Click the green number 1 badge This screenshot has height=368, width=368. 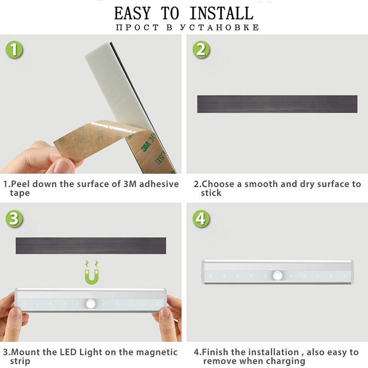tap(14, 50)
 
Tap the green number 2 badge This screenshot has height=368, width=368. tap(201, 50)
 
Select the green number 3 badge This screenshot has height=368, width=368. tap(14, 218)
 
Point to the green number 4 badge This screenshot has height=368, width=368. tap(201, 218)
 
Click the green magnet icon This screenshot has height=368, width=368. tap(92, 272)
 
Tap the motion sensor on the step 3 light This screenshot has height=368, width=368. tap(91, 304)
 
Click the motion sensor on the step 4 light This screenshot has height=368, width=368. tap(278, 275)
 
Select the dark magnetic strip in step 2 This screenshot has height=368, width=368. tap(277, 104)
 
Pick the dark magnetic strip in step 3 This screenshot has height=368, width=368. tap(91, 246)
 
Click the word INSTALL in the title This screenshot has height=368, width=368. tap(222, 13)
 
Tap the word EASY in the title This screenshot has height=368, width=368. tap(132, 13)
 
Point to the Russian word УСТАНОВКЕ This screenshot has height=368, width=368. tap(220, 28)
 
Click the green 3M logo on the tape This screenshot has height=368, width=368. tap(145, 147)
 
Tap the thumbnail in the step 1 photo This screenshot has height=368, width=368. tap(63, 166)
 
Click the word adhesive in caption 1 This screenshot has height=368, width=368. tap(159, 184)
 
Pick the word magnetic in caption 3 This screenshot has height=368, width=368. tap(157, 352)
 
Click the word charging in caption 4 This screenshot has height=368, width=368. tap(286, 361)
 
